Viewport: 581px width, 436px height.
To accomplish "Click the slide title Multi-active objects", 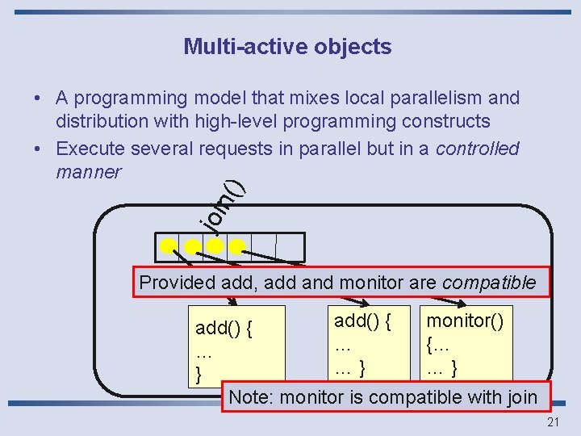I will click(287, 47).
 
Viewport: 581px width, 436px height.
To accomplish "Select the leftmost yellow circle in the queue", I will click(168, 245).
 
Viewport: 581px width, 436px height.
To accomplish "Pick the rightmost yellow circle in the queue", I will click(236, 245).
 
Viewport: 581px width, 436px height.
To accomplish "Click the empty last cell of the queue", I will click(290, 247).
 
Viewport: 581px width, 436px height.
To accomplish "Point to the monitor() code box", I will click(465, 343).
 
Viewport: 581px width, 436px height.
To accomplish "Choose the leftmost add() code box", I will click(236, 346).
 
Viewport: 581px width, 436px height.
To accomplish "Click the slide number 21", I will click(554, 422).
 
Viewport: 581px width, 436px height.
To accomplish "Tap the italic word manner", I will click(88, 172).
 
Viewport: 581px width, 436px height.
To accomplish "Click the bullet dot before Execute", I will click(38, 149).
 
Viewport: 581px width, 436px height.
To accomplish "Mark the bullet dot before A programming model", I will click(38, 99).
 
